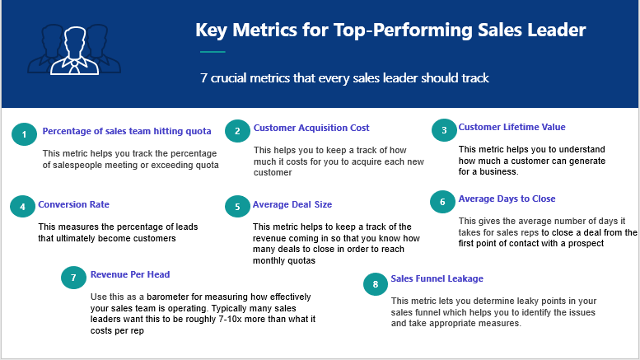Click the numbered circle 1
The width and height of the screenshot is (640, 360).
(24, 134)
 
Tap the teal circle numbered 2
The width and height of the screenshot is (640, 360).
(237, 131)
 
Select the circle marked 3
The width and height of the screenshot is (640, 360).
(444, 130)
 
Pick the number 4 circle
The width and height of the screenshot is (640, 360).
(22, 207)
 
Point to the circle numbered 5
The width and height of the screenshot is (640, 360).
(237, 207)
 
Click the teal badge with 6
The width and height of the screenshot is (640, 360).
(442, 202)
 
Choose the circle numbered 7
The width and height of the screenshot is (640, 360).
(73, 278)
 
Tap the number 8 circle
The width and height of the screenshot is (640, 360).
(376, 284)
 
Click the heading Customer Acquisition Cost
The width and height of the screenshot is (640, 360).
(311, 128)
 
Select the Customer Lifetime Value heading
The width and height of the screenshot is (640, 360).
(512, 127)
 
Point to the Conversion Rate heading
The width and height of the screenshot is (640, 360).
(73, 204)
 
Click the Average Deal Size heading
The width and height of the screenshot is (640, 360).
(292, 204)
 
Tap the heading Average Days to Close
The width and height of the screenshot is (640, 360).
(507, 199)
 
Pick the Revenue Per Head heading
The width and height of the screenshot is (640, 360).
(130, 274)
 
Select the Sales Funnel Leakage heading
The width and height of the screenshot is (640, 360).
(437, 278)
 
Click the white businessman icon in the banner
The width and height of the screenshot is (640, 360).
(75, 50)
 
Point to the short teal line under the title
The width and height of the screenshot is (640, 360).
(213, 52)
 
